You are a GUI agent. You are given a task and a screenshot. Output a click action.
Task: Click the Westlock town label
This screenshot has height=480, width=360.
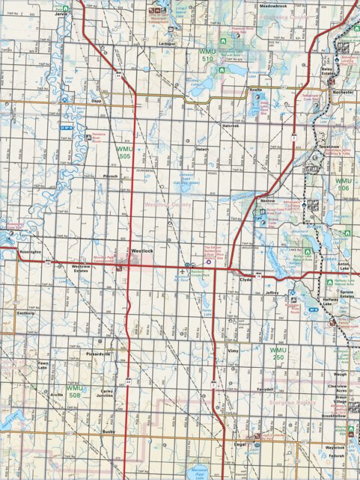click(x=141, y=250)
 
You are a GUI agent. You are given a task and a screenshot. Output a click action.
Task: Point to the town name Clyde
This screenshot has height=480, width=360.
click(x=245, y=279)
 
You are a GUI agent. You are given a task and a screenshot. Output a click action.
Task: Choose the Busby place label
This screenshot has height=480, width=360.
click(x=109, y=431)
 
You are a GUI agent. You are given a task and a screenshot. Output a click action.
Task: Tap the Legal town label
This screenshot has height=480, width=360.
click(x=240, y=444)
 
